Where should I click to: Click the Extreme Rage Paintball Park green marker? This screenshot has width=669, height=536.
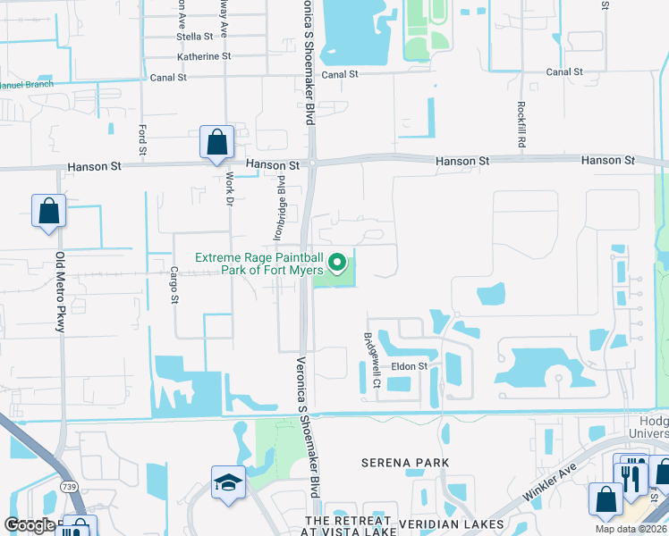[337, 263]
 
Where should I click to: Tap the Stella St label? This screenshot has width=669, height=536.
[195, 37]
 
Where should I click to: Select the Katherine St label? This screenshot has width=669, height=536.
[204, 56]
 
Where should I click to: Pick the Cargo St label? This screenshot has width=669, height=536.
[174, 283]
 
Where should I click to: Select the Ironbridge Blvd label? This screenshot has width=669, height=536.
[280, 206]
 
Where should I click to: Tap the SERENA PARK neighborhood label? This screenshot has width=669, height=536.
[404, 463]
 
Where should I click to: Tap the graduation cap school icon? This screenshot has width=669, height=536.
[227, 482]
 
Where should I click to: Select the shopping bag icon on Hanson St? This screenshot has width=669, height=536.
[216, 142]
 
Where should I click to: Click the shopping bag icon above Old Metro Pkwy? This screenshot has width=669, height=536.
[48, 212]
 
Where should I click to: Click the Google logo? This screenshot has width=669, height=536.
[30, 525]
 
